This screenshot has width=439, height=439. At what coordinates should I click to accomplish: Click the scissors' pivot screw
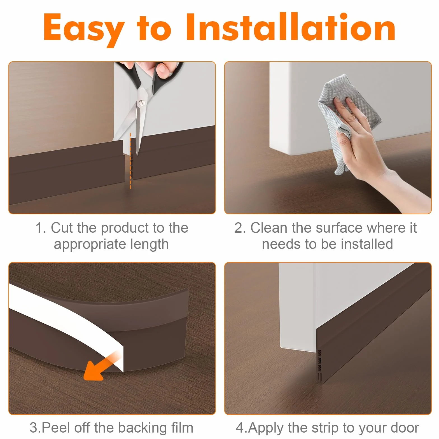(142, 103)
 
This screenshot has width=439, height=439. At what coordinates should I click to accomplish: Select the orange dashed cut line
(130, 161)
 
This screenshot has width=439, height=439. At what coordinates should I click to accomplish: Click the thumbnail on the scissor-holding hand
(162, 69)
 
